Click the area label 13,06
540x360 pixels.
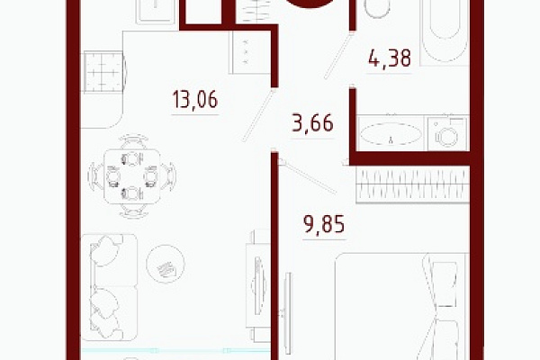(195, 99)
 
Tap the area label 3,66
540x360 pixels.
(312, 123)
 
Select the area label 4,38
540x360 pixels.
(390, 58)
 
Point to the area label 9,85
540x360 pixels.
(324, 224)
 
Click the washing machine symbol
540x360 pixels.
(447, 134)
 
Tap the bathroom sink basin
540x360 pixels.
(391, 134)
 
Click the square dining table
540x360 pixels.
(132, 176)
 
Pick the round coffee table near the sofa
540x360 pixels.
(166, 264)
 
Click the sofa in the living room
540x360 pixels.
(109, 287)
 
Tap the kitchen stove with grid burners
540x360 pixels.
(103, 72)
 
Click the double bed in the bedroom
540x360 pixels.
(402, 307)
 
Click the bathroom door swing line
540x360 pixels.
(338, 56)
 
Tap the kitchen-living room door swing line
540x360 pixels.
(258, 115)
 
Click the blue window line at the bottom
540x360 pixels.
(175, 350)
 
